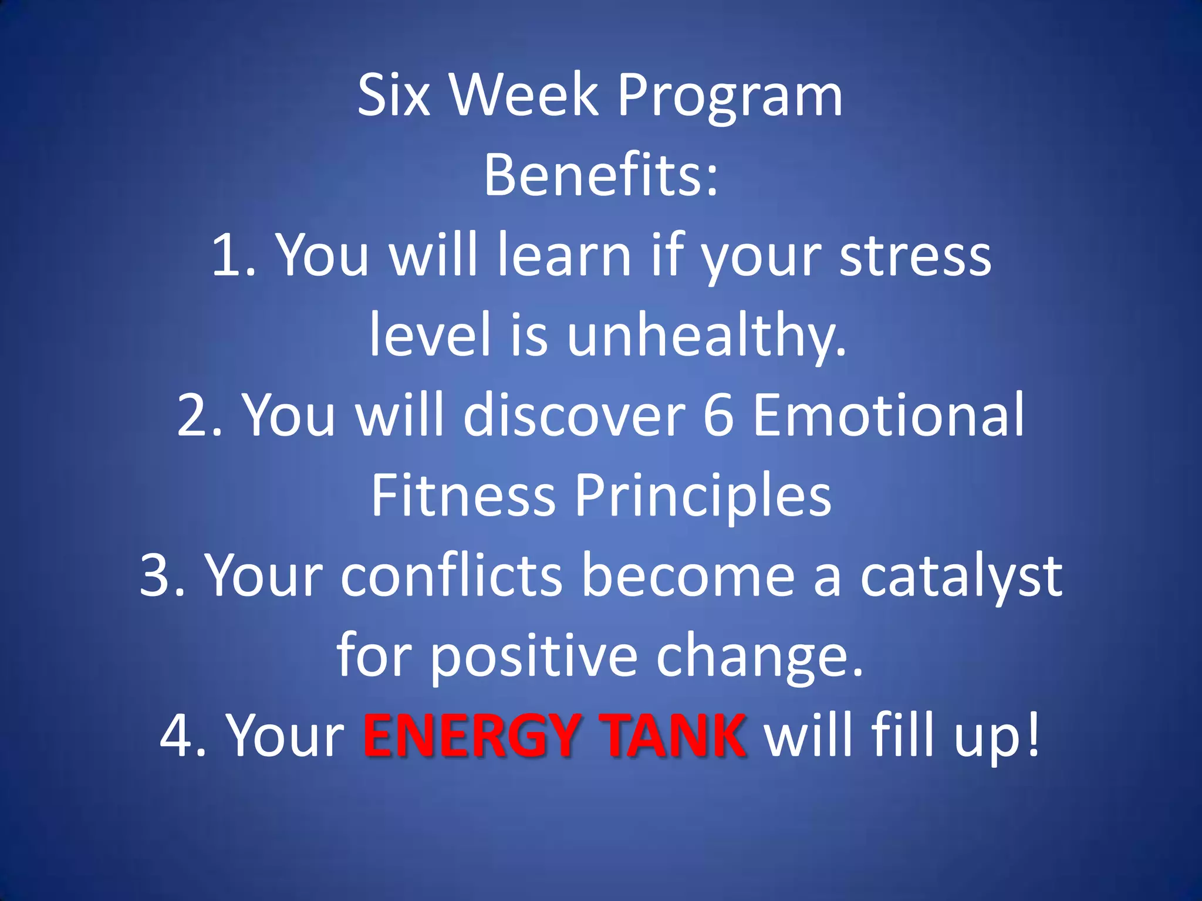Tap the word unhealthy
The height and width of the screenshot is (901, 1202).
(x=707, y=336)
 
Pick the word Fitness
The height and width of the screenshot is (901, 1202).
(x=463, y=496)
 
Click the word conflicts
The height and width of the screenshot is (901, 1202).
(x=451, y=576)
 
